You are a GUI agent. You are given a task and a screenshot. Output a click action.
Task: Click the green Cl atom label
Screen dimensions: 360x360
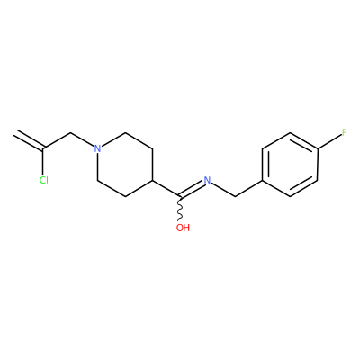(44, 180)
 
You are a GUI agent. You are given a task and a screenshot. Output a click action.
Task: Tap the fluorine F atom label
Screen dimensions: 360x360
(345, 132)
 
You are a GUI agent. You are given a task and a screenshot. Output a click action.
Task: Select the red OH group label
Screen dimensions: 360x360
(183, 228)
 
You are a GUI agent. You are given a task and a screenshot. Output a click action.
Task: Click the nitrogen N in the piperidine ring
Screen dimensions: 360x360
(97, 148)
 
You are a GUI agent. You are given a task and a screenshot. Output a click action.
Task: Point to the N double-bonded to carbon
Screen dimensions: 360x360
(207, 180)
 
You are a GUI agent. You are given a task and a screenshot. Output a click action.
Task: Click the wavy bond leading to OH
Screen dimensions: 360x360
(180, 210)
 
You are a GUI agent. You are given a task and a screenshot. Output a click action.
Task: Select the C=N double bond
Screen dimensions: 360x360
(192, 189)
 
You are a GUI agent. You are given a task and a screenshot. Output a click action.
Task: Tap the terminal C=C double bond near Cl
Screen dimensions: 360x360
(29, 139)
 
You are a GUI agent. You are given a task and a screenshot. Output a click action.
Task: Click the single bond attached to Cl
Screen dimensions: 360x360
(44, 161)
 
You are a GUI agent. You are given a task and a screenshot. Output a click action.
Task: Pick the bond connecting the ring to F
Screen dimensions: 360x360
(329, 140)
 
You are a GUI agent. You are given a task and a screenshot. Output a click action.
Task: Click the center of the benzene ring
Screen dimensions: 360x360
(290, 165)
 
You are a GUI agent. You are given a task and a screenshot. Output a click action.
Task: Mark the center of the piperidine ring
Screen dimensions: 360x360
(125, 165)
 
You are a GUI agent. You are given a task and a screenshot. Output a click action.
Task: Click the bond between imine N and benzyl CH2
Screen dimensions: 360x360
(223, 189)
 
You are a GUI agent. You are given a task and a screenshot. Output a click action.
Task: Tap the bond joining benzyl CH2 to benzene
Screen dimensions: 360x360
(248, 189)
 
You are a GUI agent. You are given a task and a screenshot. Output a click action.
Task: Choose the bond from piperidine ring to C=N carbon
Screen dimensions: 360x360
(166, 189)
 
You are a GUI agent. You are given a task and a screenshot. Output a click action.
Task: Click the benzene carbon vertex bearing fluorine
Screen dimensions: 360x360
(318, 148)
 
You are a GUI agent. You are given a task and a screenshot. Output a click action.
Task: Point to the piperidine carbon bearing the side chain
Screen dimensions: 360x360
(154, 181)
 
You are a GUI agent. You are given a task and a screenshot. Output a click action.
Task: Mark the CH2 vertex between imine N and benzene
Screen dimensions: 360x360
(235, 197)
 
